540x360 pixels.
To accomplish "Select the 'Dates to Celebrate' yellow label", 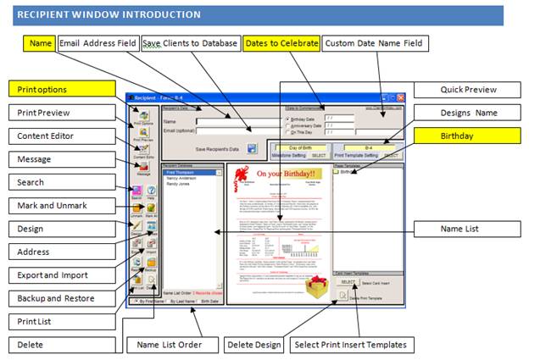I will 281,42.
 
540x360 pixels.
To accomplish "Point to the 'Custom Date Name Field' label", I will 376,42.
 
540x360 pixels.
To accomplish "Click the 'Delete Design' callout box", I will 254,345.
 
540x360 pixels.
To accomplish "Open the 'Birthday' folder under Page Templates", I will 349,172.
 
